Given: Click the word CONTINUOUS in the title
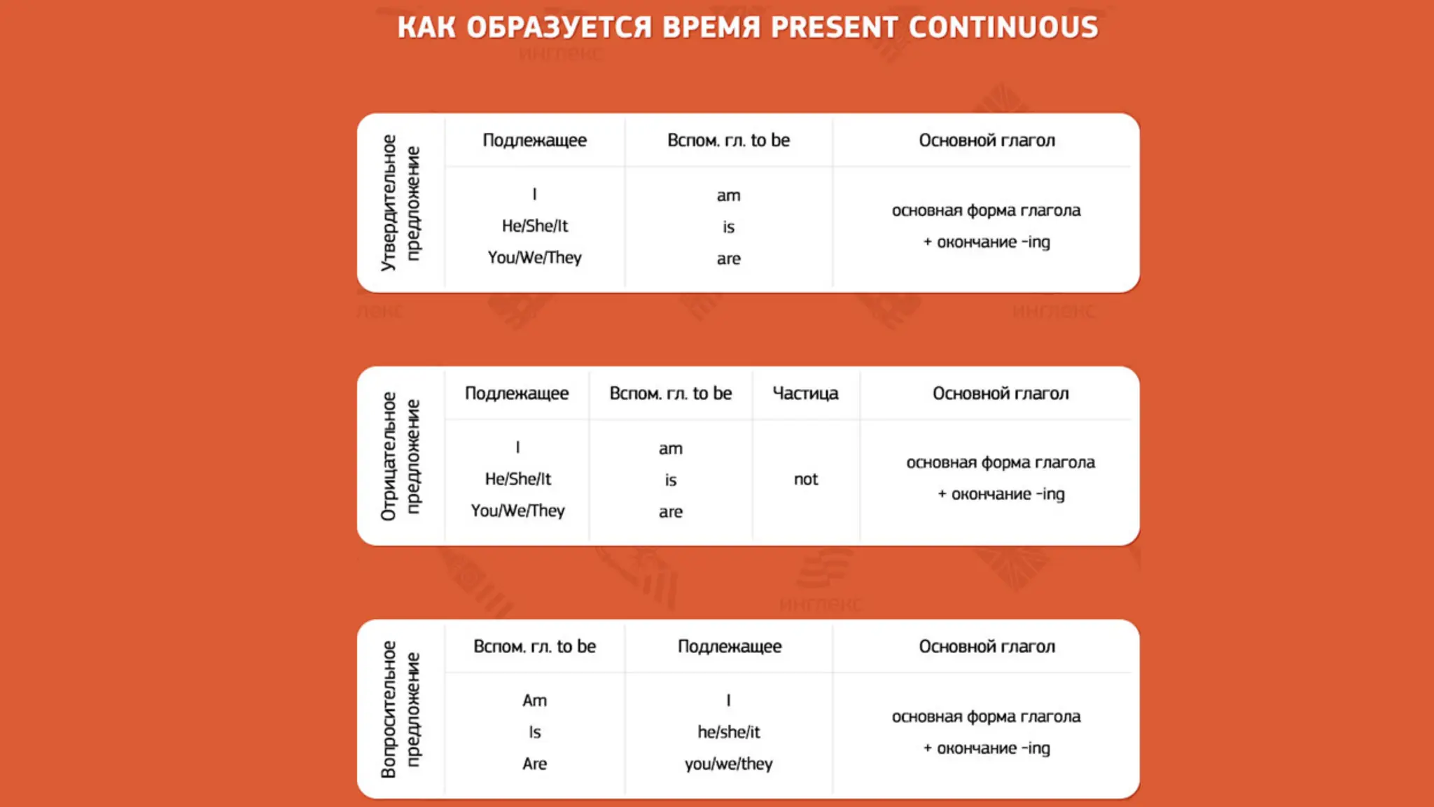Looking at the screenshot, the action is tap(1003, 27).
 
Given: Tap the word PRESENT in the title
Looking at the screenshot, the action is tap(834, 27).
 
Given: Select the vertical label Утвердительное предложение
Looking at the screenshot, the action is tap(401, 203).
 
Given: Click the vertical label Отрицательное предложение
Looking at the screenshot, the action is tap(401, 456).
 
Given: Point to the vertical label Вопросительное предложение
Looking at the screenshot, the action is tap(401, 709).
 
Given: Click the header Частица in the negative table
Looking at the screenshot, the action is tap(805, 394).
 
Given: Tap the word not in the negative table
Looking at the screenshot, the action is tap(806, 479).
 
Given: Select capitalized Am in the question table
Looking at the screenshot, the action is tap(534, 701).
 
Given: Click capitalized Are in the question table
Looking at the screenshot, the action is tap(534, 764).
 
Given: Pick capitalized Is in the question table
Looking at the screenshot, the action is tap(534, 732).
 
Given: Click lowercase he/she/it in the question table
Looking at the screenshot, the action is tap(728, 732).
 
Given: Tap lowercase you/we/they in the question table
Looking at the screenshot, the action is tap(728, 764).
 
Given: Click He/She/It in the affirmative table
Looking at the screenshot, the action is tap(535, 226).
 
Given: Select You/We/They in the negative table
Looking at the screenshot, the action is tap(517, 511).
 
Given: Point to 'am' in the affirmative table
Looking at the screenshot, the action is tap(728, 195).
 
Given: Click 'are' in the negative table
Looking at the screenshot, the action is tap(670, 512).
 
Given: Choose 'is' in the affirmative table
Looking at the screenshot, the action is tap(728, 227).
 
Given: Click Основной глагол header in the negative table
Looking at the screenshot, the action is tap(1001, 394).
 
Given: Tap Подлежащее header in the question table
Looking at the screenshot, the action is tap(729, 647).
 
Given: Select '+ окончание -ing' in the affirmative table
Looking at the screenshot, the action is tap(987, 242).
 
